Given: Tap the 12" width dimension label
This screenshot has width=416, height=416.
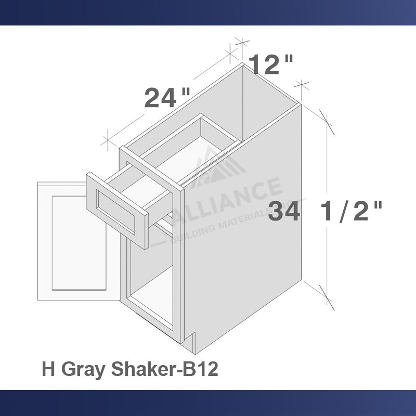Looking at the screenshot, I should pyautogui.click(x=270, y=65).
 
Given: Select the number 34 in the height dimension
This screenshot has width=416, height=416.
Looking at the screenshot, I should pyautogui.click(x=285, y=212).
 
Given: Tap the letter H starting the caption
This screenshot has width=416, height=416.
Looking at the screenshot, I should pyautogui.click(x=48, y=369).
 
